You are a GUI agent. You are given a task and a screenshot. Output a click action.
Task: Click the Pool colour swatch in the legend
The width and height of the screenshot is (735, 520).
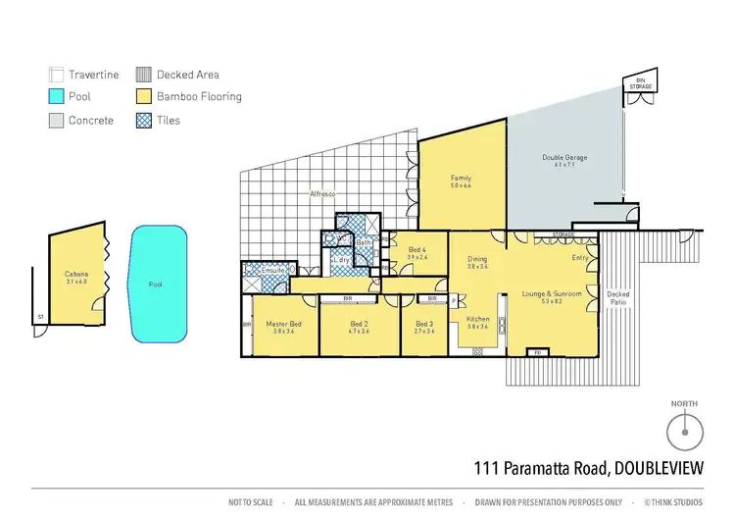click(56, 97)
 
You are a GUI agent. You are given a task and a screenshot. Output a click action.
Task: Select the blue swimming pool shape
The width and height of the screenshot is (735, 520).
click(156, 285)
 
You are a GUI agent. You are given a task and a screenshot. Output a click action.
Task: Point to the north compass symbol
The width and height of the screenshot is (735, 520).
click(686, 431)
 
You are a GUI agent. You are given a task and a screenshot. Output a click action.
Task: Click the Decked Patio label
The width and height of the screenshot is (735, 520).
click(618, 298)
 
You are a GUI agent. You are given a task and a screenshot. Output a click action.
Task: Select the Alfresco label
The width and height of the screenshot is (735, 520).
click(323, 194)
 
